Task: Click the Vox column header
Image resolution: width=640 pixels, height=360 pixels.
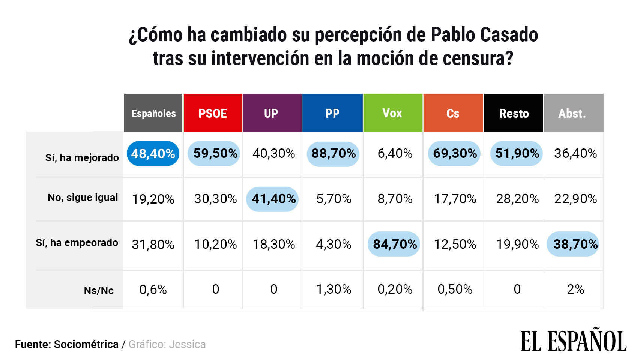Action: (392, 113)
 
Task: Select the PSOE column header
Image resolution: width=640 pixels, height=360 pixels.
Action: (213, 113)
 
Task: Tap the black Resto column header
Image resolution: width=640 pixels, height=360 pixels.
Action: (514, 113)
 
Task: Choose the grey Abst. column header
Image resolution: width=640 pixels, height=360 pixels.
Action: (572, 113)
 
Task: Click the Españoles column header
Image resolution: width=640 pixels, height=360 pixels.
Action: (153, 113)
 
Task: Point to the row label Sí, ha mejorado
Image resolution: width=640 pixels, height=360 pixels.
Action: (82, 157)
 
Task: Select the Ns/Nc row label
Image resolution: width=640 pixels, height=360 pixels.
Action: (99, 290)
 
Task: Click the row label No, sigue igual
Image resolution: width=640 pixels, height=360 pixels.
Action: (83, 198)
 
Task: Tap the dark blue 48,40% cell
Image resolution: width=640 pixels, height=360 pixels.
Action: (153, 154)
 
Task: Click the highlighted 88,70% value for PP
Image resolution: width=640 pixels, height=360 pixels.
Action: (333, 154)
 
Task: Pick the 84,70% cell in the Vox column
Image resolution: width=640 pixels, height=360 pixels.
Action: (394, 244)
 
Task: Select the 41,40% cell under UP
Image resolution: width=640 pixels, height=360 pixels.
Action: (273, 199)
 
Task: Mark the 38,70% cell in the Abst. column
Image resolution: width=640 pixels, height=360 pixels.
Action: (575, 244)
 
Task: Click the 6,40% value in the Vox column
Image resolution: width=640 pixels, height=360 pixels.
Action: (395, 153)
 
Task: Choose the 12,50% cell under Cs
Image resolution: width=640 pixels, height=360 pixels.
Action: (455, 244)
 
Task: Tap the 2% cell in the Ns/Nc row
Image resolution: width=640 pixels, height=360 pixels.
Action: (575, 289)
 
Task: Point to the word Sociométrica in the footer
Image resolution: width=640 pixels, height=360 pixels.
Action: (86, 344)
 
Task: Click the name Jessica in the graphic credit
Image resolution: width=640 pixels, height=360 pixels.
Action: (187, 344)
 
